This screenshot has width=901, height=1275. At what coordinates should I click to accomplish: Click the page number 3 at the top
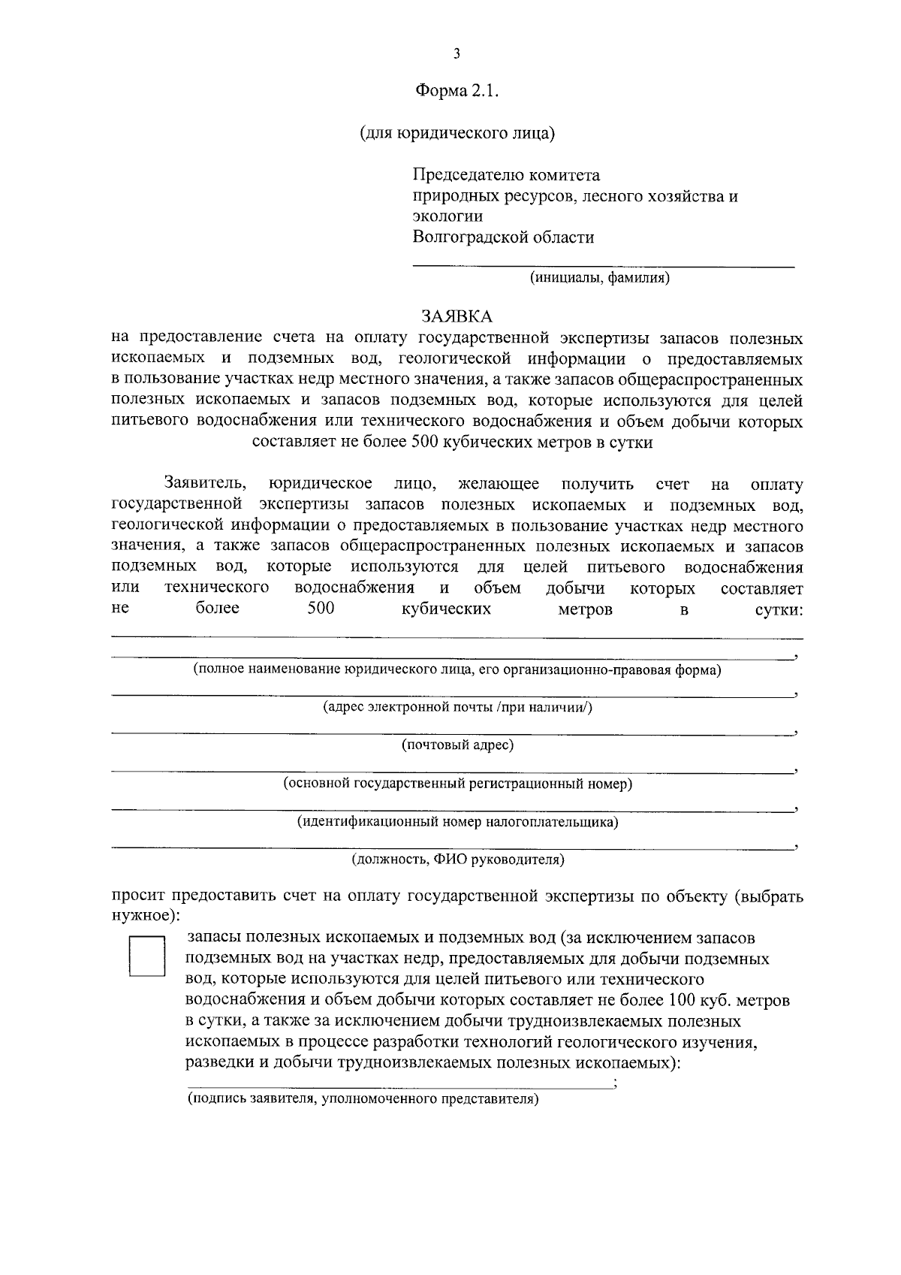[x=457, y=53]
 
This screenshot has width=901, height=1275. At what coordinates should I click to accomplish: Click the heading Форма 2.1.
[x=457, y=92]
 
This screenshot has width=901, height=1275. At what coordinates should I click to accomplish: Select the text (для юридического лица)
[x=457, y=134]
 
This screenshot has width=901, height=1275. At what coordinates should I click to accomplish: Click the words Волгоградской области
[x=503, y=237]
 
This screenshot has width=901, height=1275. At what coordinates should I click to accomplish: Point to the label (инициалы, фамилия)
[x=600, y=278]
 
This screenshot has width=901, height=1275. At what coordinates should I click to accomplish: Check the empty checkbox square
[x=147, y=956]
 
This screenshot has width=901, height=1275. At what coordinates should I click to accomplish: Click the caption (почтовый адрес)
[x=457, y=745]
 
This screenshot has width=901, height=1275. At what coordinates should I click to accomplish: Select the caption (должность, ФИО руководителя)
[x=458, y=859]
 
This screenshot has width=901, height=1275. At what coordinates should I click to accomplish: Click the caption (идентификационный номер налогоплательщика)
[x=457, y=821]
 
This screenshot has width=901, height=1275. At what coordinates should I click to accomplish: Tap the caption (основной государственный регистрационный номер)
[x=457, y=784]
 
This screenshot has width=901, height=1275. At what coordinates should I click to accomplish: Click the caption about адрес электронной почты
[x=457, y=707]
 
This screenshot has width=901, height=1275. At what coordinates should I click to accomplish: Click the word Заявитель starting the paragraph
[x=203, y=483]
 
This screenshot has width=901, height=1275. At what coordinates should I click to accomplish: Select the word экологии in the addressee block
[x=447, y=216]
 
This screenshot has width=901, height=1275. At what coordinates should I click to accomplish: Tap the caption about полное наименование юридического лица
[x=457, y=669]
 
